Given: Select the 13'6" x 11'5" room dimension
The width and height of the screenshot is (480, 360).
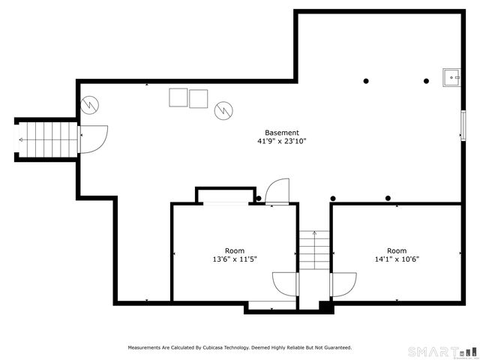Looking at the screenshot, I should (x=235, y=259).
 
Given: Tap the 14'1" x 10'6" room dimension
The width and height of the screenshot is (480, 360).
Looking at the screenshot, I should (x=397, y=259).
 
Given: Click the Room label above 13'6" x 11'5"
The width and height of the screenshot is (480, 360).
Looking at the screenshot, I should (x=235, y=250).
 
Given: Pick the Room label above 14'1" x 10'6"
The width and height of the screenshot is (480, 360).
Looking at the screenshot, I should (x=397, y=250).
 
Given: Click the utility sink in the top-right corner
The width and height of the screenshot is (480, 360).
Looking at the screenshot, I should (x=452, y=76).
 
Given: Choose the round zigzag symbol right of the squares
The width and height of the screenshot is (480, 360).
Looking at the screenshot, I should (x=223, y=111).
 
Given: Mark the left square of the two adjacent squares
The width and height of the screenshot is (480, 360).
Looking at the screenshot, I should (x=178, y=97).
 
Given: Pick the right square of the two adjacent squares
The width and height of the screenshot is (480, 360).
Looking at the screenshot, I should (x=198, y=99).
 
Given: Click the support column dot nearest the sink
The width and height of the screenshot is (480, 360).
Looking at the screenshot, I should (x=426, y=81).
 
